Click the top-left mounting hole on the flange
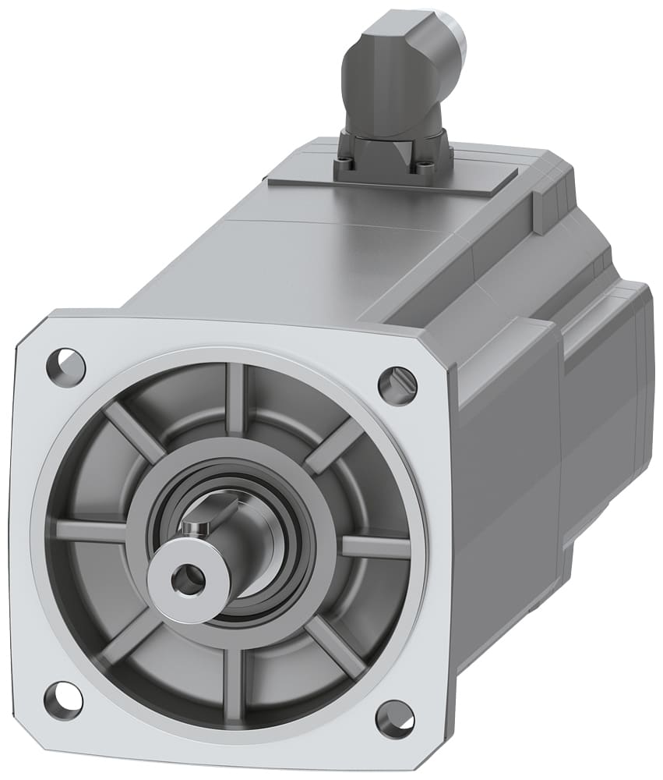[65, 367]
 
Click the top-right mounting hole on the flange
[397, 385]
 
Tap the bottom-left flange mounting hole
[63, 700]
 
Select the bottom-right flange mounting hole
[395, 719]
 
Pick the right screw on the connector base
[425, 166]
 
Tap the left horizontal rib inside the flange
[90, 530]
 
